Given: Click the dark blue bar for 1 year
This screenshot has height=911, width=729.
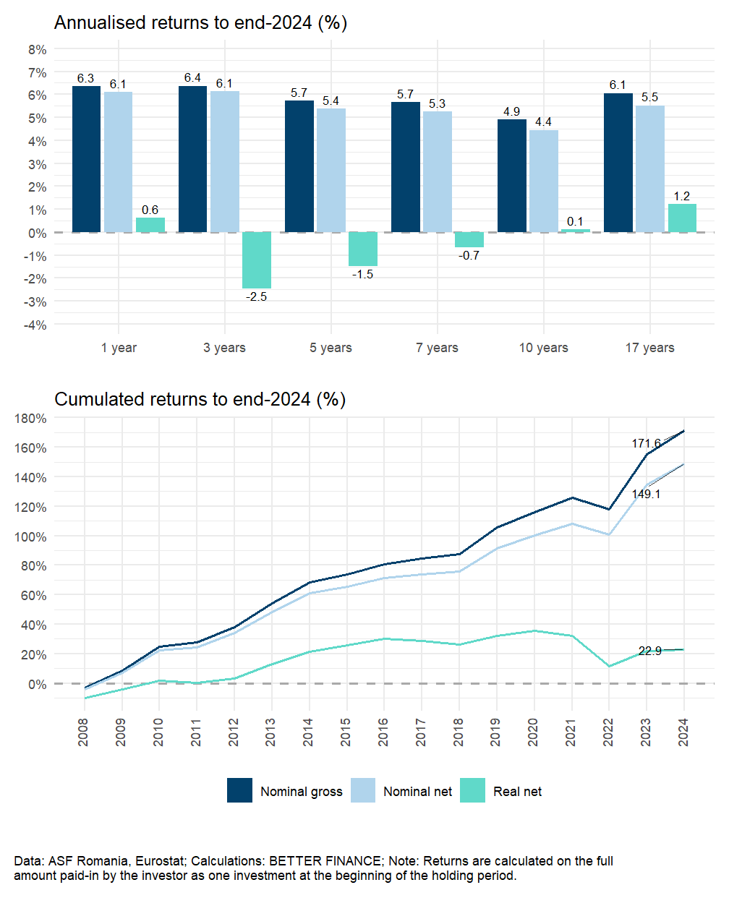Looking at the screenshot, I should tap(86, 159).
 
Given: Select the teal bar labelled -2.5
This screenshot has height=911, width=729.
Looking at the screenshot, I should tap(257, 260).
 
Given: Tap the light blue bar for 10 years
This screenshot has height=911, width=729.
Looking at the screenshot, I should tap(544, 181).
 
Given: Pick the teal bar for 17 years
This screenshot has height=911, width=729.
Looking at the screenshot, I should tap(682, 218).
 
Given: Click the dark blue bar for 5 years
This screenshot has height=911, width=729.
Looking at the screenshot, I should tap(299, 166).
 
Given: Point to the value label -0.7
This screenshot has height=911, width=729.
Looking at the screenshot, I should tap(469, 255).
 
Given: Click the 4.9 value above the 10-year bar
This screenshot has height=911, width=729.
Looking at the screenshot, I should tap(511, 111).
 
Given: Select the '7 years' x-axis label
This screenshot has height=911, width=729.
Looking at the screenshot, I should tap(437, 348).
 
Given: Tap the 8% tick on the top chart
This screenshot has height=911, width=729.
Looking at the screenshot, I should tap(38, 50).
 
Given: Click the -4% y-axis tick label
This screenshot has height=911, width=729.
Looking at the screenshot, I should tap(35, 325).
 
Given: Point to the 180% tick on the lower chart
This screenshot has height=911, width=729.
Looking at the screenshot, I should tap(30, 419).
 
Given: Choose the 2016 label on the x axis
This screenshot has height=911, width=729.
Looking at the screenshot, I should tap(383, 732).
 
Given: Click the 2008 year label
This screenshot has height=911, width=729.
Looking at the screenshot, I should tap(84, 732).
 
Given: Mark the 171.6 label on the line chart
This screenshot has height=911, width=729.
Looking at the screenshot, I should tap(646, 443).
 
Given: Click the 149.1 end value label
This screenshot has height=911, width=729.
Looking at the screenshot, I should tap(646, 494).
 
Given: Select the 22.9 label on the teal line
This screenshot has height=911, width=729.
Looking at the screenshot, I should tap(649, 651).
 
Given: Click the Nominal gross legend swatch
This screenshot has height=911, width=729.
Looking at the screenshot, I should tap(239, 790).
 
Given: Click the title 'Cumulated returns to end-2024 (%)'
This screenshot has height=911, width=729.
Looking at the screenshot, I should tap(200, 399).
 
